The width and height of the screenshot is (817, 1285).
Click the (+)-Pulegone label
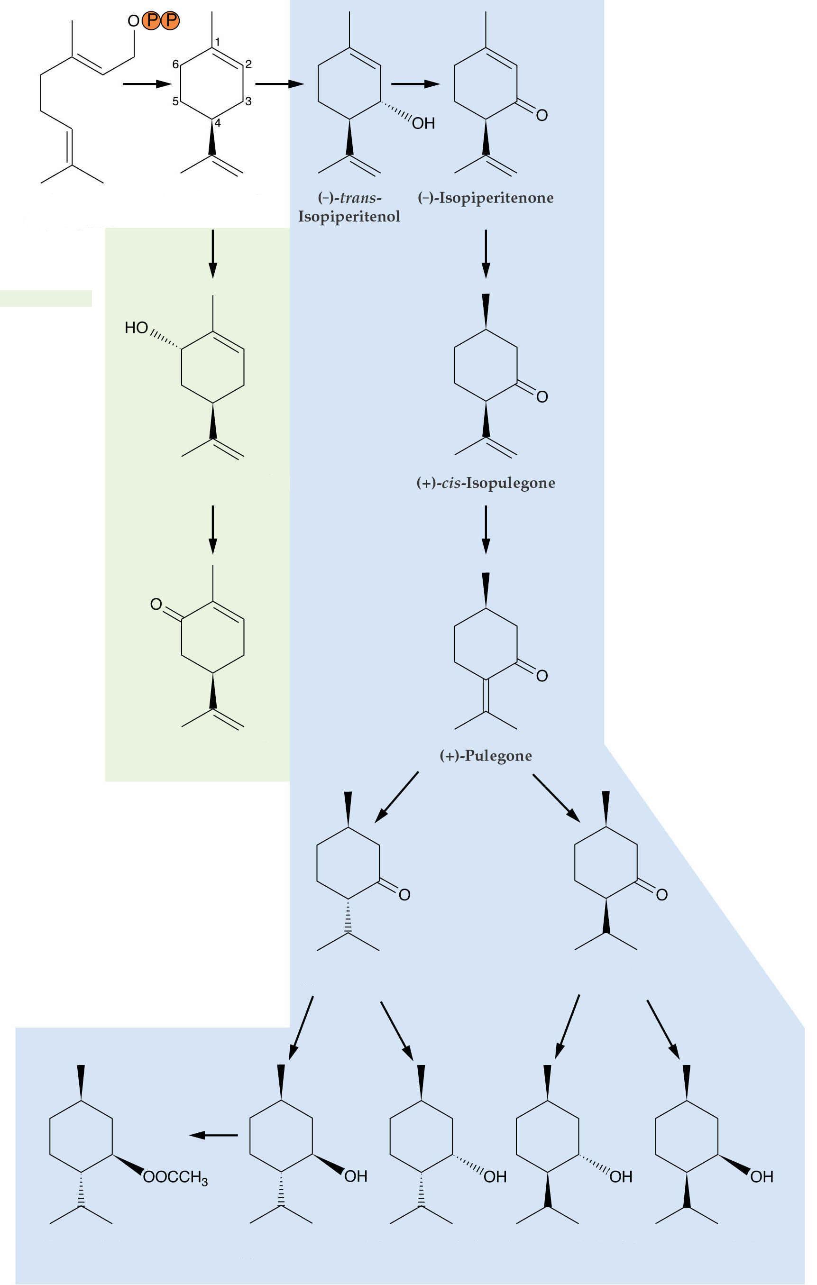click(486, 756)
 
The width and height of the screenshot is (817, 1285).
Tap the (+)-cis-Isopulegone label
click(486, 483)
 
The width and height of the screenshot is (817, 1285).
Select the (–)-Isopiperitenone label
click(486, 198)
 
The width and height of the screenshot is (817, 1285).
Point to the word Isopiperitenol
click(349, 217)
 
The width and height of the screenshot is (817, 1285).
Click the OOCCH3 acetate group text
click(175, 1177)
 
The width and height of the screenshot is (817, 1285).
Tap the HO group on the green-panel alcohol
click(136, 328)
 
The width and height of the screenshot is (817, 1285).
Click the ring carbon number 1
click(217, 42)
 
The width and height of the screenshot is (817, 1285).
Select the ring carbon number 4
click(218, 123)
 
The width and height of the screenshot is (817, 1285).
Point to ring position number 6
click(175, 64)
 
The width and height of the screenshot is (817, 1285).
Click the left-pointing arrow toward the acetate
click(213, 1135)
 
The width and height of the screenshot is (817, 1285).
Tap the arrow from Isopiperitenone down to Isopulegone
click(486, 254)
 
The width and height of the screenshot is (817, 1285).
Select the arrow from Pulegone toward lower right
click(557, 798)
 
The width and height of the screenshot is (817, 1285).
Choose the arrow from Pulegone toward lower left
click(396, 797)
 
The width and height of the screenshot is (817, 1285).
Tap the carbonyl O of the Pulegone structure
click(542, 676)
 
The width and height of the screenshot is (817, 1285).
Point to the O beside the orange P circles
click(133, 21)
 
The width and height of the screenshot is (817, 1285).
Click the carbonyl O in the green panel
click(156, 604)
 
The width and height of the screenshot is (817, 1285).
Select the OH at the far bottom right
click(762, 1177)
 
